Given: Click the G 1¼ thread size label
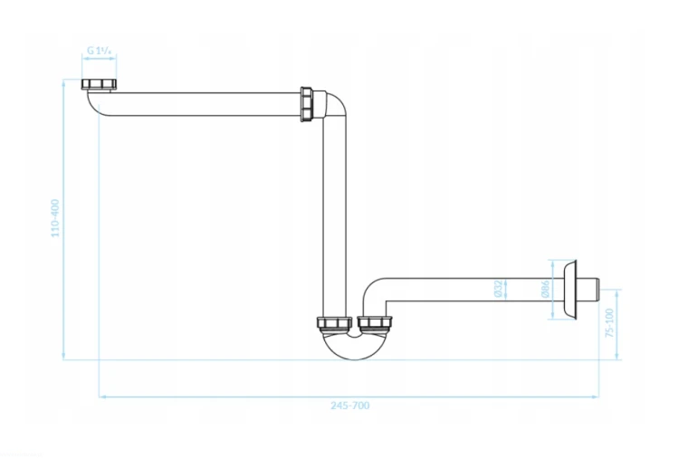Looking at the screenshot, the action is tap(100, 50).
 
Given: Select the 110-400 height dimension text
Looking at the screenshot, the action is tap(55, 218).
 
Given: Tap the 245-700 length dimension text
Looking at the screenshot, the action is tap(349, 406).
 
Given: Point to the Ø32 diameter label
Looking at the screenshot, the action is tap(499, 289).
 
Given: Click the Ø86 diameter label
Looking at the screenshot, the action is tap(546, 289).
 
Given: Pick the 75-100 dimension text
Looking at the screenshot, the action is tap(609, 323).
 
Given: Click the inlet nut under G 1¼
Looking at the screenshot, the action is tap(100, 84).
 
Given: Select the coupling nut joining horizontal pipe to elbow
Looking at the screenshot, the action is tap(306, 104).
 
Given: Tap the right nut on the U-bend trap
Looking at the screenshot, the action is tap(375, 322).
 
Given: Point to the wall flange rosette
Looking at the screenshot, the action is tap(569, 290).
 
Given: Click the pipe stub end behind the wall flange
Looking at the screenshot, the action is tap(588, 290).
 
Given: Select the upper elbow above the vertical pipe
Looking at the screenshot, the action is tap(335, 105).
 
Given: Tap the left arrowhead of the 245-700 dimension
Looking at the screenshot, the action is tap(102, 396).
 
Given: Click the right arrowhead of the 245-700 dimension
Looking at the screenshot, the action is tap(596, 396).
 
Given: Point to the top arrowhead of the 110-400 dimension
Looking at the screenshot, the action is tap(63, 83).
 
